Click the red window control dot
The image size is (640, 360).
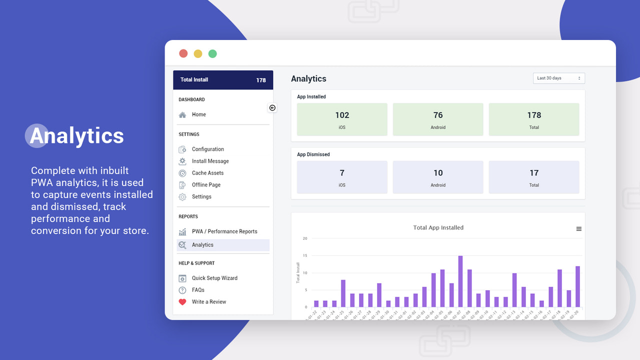click(x=183, y=53)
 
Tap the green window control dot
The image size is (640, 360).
click(x=212, y=53)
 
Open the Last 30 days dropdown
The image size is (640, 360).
click(x=558, y=78)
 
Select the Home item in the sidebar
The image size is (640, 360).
click(x=198, y=114)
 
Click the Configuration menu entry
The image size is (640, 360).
click(x=207, y=149)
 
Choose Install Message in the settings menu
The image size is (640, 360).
click(x=210, y=161)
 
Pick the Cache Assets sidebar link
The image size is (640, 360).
click(x=207, y=173)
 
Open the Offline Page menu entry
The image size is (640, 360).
click(x=206, y=185)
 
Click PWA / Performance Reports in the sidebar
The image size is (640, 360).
click(x=224, y=231)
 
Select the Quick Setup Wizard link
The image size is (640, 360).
click(x=214, y=278)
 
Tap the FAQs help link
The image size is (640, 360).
click(x=198, y=290)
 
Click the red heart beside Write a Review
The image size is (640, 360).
click(x=182, y=302)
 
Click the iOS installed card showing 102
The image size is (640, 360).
click(x=342, y=119)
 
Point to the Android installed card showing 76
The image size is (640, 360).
click(x=438, y=119)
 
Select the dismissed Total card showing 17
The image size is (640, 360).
click(x=534, y=177)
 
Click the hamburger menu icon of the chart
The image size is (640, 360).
click(x=579, y=229)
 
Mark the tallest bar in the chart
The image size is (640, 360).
click(x=460, y=281)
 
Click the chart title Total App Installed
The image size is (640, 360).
click(x=438, y=227)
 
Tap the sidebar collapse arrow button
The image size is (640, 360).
click(x=272, y=108)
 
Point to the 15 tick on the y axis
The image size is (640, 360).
click(x=305, y=255)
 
